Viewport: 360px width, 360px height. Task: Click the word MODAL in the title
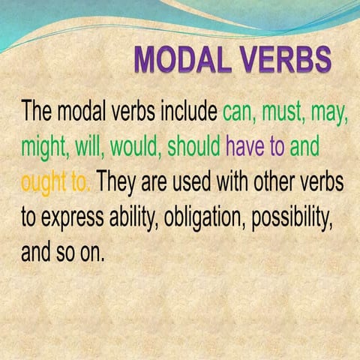tap(184, 60)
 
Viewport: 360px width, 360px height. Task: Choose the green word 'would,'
tap(133, 146)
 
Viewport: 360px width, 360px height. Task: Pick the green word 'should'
tap(193, 146)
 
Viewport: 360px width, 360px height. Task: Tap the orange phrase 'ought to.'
tap(56, 182)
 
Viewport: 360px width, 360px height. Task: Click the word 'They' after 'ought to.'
tap(121, 182)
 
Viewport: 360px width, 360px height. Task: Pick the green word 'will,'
tap(89, 146)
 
